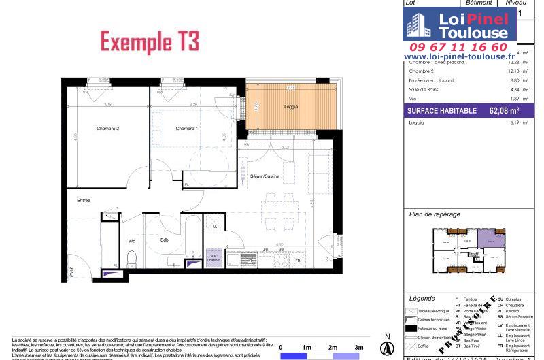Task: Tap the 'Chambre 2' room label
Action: pos(107,129)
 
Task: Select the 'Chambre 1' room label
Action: pos(186,129)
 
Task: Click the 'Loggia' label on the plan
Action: pos(290,107)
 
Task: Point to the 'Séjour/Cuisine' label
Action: pos(265,176)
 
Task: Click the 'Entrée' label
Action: pos(84,200)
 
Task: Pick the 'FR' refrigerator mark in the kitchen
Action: pos(297,261)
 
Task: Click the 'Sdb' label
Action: pos(165,240)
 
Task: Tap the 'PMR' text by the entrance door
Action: pos(69,274)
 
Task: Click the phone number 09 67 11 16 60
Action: pos(459,47)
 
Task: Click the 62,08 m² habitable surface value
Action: pos(504,110)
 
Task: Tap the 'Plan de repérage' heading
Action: pos(435,214)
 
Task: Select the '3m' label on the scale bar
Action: pos(358,347)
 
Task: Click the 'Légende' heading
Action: pos(422,299)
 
